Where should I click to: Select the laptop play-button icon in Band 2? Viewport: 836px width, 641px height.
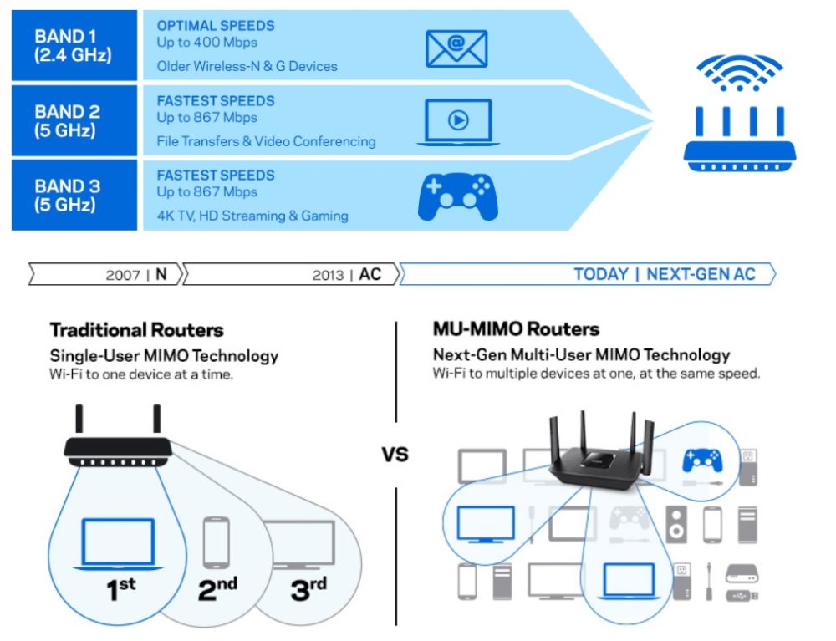458,121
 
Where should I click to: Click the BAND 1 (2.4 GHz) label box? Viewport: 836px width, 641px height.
73,46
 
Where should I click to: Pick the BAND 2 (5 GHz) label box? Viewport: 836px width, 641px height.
73,121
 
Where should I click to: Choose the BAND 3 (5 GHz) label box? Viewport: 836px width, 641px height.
73,196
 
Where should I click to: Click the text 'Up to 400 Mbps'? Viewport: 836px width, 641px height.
207,42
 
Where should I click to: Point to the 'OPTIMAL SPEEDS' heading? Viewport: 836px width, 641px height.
216,25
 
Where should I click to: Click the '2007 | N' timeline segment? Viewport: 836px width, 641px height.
105,274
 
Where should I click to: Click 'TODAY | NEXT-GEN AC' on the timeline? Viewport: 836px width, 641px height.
665,274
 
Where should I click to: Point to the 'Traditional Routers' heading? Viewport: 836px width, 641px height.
137,329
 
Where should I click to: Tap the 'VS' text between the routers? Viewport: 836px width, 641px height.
395,456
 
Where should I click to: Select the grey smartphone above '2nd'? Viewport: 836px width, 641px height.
217,543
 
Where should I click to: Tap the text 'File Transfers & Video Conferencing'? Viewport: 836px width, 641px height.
266,141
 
